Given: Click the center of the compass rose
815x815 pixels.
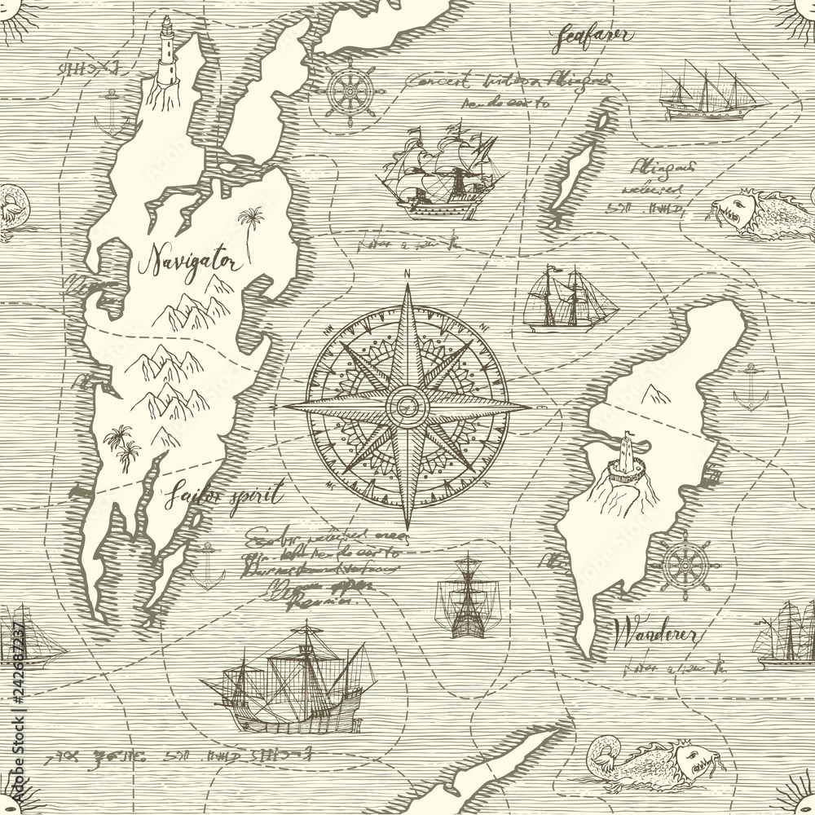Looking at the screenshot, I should [404, 401].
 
